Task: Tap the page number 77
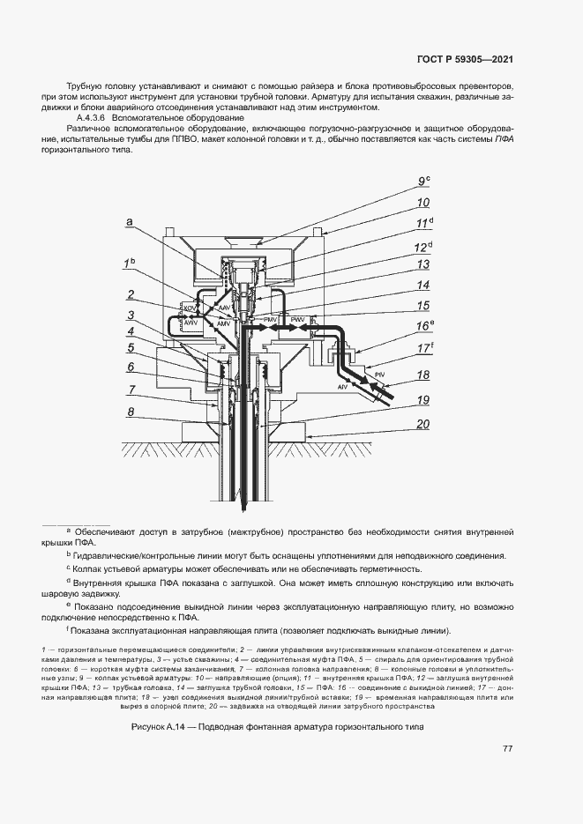507,749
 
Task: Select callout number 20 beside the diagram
422,425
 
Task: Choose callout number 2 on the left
130,295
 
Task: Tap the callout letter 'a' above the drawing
130,224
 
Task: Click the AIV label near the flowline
342,387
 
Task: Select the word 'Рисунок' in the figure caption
149,727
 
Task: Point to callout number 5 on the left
130,349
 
